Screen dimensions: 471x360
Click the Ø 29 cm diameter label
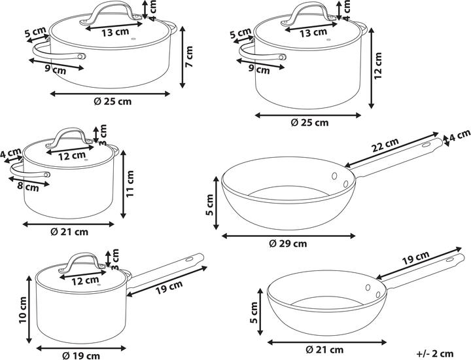click(288, 243)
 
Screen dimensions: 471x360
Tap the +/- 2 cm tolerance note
click(435, 353)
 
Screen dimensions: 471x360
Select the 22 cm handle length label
click(385, 145)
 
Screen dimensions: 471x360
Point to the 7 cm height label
click(188, 57)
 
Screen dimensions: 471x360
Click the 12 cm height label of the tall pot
click(378, 66)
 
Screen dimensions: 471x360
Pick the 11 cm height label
click(130, 183)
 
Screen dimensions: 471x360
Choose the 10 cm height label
click(23, 310)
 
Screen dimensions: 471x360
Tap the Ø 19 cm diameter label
click(81, 356)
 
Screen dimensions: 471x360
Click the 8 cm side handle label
click(27, 187)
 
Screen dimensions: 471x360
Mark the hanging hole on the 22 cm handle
click(427, 145)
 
